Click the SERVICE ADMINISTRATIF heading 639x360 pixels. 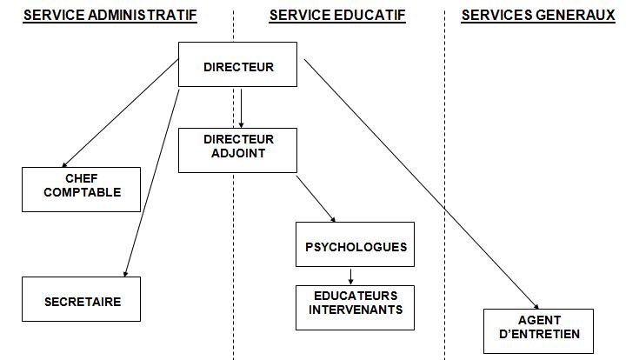(110, 16)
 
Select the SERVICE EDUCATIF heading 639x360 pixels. (337, 16)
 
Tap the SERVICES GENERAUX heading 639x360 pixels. (538, 16)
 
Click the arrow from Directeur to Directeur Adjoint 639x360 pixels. (241, 109)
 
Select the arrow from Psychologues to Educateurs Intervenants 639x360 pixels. (350, 277)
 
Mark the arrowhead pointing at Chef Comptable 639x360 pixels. (64, 164)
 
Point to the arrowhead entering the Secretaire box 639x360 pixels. (125, 274)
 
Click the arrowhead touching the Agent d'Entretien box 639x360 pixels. (536, 306)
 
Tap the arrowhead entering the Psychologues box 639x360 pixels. (333, 219)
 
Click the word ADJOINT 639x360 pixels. (238, 153)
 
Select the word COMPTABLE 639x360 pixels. (83, 192)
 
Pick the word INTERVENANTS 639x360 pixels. (356, 310)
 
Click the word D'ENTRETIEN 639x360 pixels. (539, 334)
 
